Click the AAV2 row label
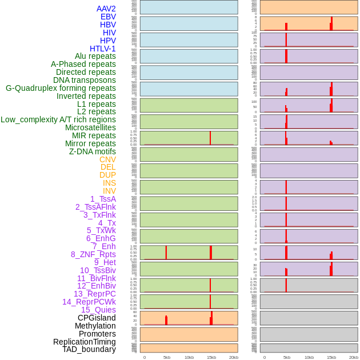click(106, 9)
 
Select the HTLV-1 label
click(103, 49)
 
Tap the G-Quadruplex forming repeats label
click(61, 88)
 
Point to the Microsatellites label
click(90, 127)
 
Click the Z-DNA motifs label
click(93, 151)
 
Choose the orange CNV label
click(107, 159)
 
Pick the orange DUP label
click(107, 175)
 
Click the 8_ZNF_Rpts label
click(93, 254)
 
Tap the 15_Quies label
click(98, 310)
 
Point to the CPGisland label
click(97, 318)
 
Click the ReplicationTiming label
click(85, 342)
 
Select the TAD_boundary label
click(89, 349)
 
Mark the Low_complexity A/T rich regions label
click(58, 119)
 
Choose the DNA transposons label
click(85, 80)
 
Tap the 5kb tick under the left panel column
click(167, 357)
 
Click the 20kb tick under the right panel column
click(354, 357)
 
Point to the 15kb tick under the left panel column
click(211, 357)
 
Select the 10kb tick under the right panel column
click(309, 357)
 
